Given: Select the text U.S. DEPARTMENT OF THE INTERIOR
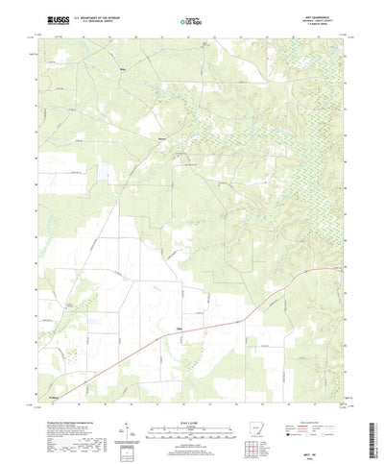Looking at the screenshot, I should point(92,16).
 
